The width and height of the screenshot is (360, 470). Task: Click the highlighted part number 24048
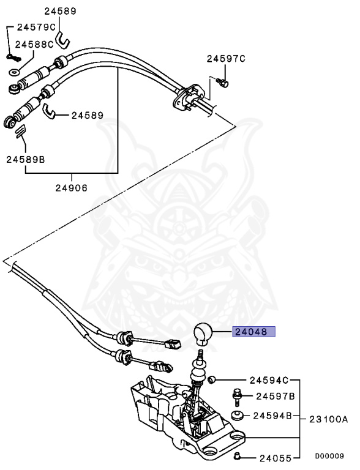pyautogui.click(x=253, y=333)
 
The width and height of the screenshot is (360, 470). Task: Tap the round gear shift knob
pyautogui.click(x=203, y=334)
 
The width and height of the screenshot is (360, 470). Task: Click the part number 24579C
pyautogui.click(x=36, y=27)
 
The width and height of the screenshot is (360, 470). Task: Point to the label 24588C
pyautogui.click(x=35, y=44)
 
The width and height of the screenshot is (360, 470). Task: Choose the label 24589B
pyautogui.click(x=26, y=159)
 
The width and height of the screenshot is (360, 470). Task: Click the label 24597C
pyautogui.click(x=225, y=59)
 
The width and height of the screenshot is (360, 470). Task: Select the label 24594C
pyautogui.click(x=269, y=380)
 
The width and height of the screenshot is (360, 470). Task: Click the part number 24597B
pyautogui.click(x=276, y=396)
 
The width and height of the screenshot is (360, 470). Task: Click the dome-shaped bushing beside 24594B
pyautogui.click(x=237, y=417)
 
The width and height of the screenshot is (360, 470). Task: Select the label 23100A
pyautogui.click(x=328, y=419)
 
